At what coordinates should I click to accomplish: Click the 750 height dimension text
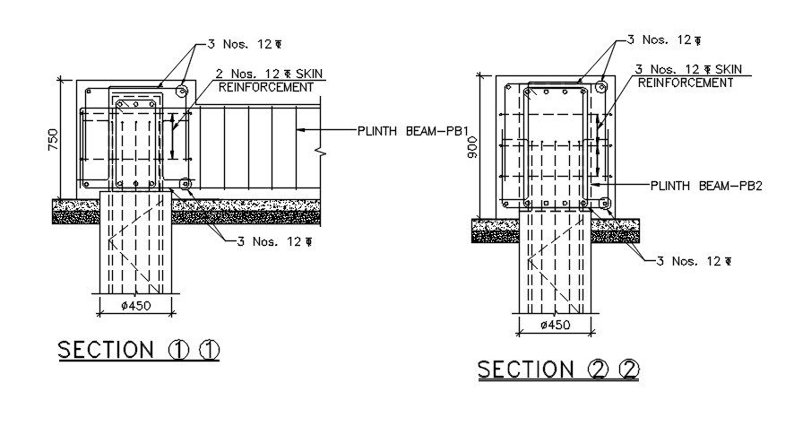pos(53,140)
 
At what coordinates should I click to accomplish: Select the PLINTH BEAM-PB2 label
pos(706,186)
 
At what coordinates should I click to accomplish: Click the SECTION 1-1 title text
pos(139,350)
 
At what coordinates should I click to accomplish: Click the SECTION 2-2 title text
pos(558,370)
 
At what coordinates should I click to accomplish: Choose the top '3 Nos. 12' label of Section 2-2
pos(664,39)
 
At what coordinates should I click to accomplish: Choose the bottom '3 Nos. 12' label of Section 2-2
pos(695,261)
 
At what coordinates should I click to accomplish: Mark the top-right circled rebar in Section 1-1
pos(182,91)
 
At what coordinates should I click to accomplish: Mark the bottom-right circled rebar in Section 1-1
pos(186,184)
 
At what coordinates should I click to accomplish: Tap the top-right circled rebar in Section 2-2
pos(600,87)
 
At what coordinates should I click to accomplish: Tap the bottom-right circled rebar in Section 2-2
pos(605,204)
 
